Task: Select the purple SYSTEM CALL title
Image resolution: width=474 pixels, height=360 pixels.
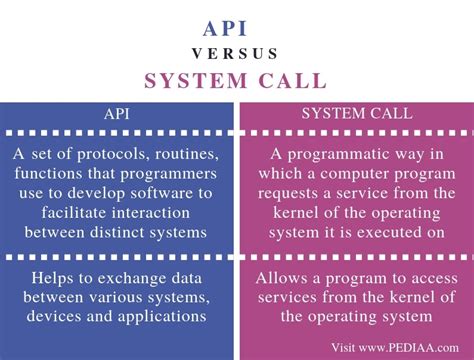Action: [236, 80]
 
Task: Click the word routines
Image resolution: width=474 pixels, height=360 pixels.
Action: [186, 154]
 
